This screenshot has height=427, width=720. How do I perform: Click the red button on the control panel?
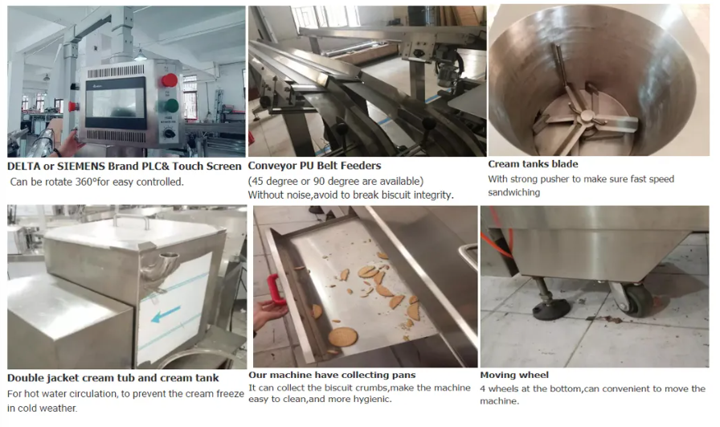(169, 80)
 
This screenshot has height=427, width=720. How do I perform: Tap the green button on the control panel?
(171, 106)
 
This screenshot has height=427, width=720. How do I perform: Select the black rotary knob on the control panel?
(169, 133)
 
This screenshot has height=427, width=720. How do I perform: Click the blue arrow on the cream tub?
(166, 314)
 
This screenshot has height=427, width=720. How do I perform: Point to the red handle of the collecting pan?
(276, 289)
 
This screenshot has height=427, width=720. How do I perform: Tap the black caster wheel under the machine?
(639, 300)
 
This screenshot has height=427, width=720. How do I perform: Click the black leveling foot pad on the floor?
(551, 310)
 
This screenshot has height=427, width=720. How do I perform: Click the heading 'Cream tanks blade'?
(533, 164)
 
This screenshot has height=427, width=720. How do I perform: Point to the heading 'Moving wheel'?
(514, 375)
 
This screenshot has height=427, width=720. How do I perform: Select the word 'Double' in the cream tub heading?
(25, 378)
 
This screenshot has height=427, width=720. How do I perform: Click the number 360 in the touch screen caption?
(84, 182)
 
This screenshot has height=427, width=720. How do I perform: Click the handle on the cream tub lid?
(131, 220)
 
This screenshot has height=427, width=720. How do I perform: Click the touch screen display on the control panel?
(115, 102)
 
